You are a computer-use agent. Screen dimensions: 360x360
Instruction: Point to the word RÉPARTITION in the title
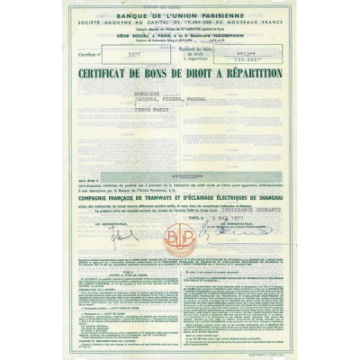(x=247, y=72)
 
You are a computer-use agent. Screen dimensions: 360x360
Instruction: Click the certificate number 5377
(x=137, y=53)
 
